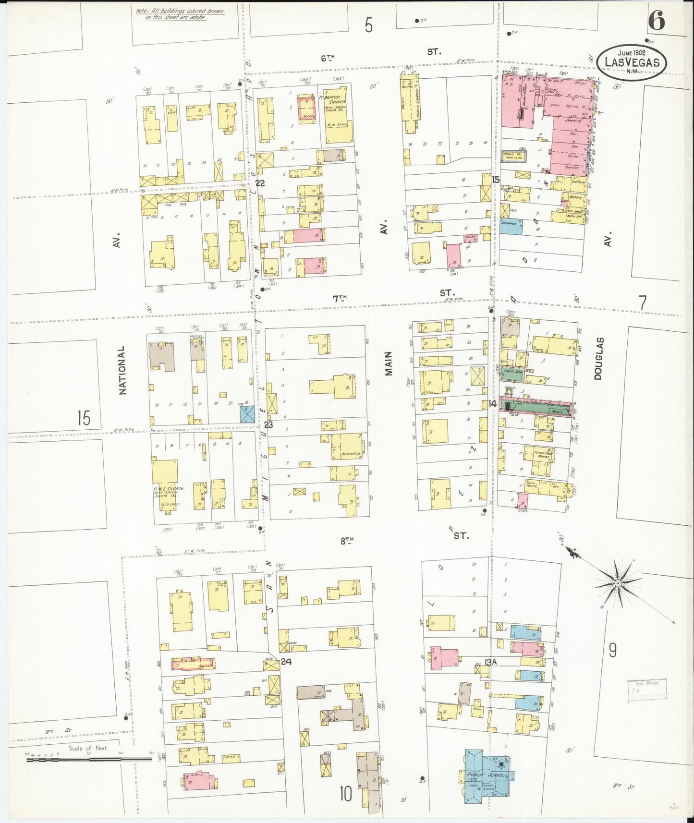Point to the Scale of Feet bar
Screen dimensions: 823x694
tap(89, 759)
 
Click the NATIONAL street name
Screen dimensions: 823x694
tap(123, 370)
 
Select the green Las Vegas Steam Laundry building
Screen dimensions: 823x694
tap(536, 406)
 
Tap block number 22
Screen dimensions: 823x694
tap(260, 183)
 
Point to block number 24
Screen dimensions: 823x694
tap(286, 662)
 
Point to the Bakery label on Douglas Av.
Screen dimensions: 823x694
tap(576, 197)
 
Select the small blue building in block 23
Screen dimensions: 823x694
tap(247, 414)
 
